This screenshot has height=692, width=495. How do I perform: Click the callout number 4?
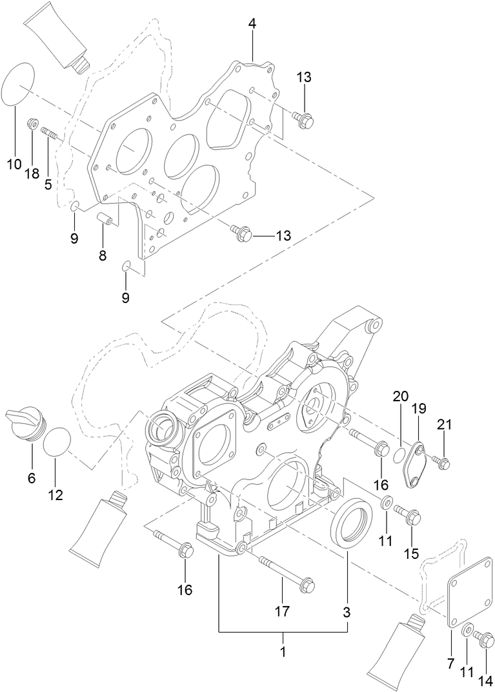coord(252,24)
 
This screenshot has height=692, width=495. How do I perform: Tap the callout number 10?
coord(14,164)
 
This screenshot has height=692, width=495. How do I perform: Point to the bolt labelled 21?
coord(442,462)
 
